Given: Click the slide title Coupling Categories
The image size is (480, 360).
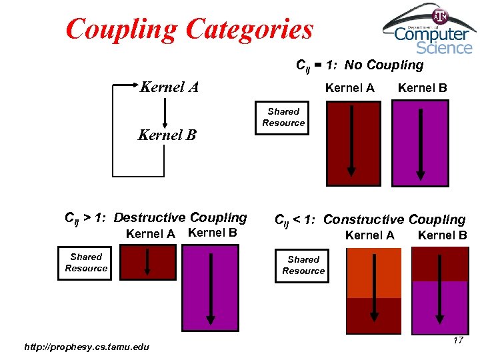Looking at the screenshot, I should tap(189, 29).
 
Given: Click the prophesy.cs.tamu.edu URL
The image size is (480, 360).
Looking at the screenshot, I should tap(86, 346).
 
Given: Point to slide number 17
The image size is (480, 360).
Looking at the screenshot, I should tap(457, 341).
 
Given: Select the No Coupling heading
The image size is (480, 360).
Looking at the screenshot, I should tap(359, 65).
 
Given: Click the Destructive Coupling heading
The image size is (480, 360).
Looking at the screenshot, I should tap(155, 217).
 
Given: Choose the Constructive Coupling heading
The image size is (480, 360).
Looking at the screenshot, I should tap(370, 219).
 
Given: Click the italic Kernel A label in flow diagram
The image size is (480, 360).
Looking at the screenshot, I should tap(169, 87).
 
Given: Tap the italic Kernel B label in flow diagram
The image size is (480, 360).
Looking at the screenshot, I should tap(167, 135).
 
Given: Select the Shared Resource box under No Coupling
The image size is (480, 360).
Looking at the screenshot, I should tap(283, 117).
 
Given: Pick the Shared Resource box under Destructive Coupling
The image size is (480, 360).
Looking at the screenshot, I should tap(86, 263).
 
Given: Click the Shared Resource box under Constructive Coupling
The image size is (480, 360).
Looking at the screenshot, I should tap(303, 265).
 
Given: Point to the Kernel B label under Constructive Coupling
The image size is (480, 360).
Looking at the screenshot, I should tap(442, 235).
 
